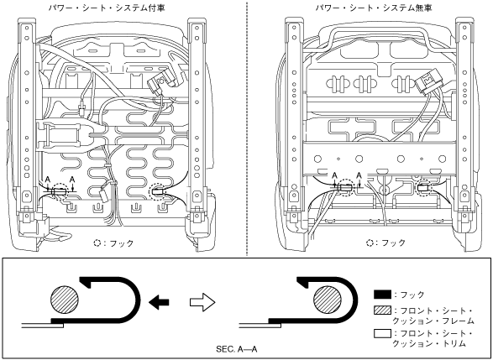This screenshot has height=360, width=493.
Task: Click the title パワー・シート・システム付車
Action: tap(107, 8)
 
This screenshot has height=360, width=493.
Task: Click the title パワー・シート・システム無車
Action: tap(374, 8)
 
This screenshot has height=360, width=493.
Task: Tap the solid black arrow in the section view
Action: tap(159, 302)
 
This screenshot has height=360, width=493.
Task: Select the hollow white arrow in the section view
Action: tap(202, 302)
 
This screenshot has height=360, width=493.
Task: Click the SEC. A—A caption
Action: tap(237, 349)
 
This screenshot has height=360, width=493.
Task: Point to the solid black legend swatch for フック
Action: tap(382, 295)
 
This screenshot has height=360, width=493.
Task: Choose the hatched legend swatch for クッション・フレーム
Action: tap(382, 310)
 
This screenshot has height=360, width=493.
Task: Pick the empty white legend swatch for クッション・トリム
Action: tap(382, 333)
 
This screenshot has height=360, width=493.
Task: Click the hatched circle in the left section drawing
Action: tap(65, 300)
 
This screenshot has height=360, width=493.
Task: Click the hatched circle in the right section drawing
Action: tap(328, 300)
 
